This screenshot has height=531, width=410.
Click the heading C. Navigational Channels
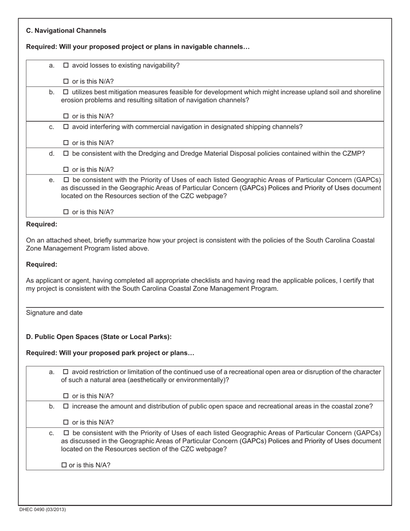click(66, 31)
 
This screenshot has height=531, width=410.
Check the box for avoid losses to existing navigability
click(66, 66)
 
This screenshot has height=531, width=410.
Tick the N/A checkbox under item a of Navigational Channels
click(66, 81)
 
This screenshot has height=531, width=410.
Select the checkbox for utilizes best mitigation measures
click(66, 92)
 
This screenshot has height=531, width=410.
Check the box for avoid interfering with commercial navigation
click(66, 127)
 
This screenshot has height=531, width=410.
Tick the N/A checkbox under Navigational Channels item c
click(66, 143)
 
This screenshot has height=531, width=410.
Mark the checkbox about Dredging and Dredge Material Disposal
click(66, 153)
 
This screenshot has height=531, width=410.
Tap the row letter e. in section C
click(52, 180)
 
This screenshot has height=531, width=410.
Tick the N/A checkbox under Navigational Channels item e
click(66, 212)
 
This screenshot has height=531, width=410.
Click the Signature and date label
click(54, 313)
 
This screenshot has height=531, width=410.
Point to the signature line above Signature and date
click(205, 307)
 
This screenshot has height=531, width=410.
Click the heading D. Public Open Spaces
click(99, 337)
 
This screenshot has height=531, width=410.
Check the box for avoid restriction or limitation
click(66, 372)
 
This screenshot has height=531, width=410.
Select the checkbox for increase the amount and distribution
click(66, 406)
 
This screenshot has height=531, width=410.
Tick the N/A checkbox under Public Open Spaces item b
click(66, 422)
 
